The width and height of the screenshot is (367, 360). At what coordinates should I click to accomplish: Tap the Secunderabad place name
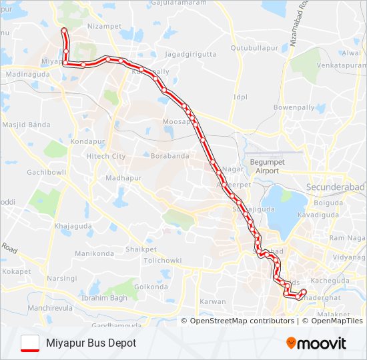334,187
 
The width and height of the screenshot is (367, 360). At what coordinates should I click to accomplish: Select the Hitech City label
106,156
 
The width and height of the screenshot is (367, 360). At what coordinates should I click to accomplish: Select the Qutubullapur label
254,48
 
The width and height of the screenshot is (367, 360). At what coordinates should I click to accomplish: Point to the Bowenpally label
293,107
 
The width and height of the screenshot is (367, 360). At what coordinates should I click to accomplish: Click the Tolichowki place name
162,260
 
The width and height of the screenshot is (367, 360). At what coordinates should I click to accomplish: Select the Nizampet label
104,27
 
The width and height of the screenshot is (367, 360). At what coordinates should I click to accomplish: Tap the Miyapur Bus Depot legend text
91,343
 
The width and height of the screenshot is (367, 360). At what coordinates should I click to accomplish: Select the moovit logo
316,343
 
